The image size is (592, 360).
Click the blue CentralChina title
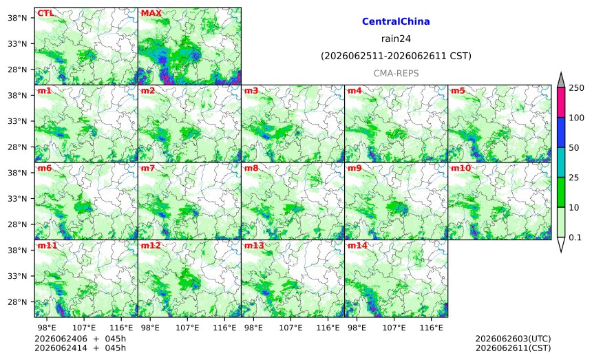coord(396,21)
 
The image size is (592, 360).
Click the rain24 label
coord(396,39)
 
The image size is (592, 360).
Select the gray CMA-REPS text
coord(396,73)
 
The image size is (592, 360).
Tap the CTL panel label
coord(45,13)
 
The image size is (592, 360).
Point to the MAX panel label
coord(151,13)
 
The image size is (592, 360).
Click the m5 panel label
coord(458,91)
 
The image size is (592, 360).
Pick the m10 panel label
coord(461,168)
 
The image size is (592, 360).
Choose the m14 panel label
coord(357,246)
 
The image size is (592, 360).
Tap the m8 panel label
coord(251,168)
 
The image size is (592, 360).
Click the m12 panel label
coord(151,246)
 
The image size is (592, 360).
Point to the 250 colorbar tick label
coord(577,88)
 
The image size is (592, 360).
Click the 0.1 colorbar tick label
coord(575,237)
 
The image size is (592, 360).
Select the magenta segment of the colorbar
coord(562,103)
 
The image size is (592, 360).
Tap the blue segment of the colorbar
coord(562,132)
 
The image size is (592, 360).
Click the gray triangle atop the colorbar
coord(562,81)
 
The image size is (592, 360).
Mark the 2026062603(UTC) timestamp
coord(513,339)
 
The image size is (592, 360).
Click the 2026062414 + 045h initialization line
coord(80,348)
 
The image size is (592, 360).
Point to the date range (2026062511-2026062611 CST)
coord(396,56)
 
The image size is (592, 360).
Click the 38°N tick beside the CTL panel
coord(17,18)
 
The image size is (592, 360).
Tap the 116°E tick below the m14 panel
coord(432,328)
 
